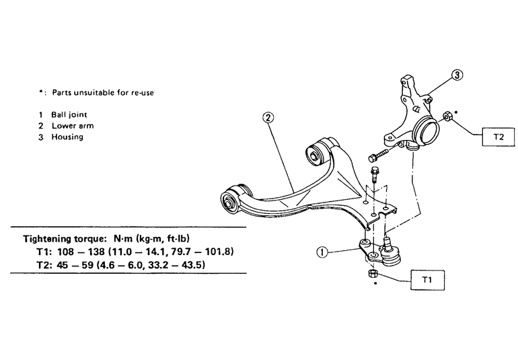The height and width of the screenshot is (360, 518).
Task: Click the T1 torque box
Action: tap(427, 280)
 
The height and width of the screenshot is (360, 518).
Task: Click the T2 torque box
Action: tap(498, 137)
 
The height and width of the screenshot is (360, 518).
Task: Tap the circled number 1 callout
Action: tap(322, 252)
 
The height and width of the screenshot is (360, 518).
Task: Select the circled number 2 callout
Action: tap(268, 117)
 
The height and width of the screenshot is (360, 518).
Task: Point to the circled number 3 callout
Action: tap(457, 75)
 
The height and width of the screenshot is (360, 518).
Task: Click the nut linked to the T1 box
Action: tap(372, 274)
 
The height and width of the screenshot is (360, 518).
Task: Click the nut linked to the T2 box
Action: tap(447, 116)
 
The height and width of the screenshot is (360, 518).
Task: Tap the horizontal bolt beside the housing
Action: tap(378, 155)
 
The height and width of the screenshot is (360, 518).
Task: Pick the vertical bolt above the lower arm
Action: tap(375, 174)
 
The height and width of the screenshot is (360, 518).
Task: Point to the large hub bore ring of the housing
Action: tap(426, 132)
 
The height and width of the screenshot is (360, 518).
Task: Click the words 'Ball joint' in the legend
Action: tap(69, 114)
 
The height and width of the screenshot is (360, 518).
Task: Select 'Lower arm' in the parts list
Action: tap(73, 126)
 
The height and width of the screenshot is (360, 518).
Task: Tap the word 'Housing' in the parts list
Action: tap(67, 137)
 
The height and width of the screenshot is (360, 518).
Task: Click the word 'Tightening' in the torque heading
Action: tap(47, 239)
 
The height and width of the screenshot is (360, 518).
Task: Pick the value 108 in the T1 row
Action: tap(66, 252)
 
